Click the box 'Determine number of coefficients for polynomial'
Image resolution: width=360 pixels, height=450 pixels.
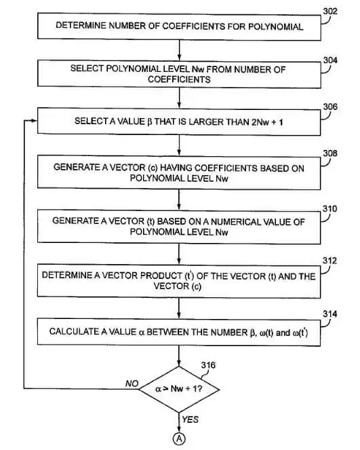tap(179, 26)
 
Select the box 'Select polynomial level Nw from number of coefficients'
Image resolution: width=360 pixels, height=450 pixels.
tap(179, 74)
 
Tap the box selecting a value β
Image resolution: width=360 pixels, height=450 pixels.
tap(179, 121)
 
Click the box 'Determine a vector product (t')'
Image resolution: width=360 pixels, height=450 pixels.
tap(179, 280)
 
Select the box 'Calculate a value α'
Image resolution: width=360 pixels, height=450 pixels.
tap(179, 332)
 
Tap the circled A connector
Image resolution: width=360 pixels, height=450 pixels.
tap(180, 439)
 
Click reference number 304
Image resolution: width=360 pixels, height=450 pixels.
tap(330, 60)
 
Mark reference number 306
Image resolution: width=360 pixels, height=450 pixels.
tap(330, 107)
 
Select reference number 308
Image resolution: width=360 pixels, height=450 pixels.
tap(330, 154)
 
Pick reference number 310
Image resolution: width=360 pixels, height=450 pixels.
tap(330, 208)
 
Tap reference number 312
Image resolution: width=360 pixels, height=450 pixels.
tap(330, 261)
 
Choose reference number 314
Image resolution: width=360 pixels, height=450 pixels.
tap(330, 314)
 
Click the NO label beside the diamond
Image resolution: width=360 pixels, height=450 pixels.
tap(132, 383)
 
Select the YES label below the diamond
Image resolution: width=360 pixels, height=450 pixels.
tap(191, 419)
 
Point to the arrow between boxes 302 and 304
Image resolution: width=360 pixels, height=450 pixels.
tap(179, 50)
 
